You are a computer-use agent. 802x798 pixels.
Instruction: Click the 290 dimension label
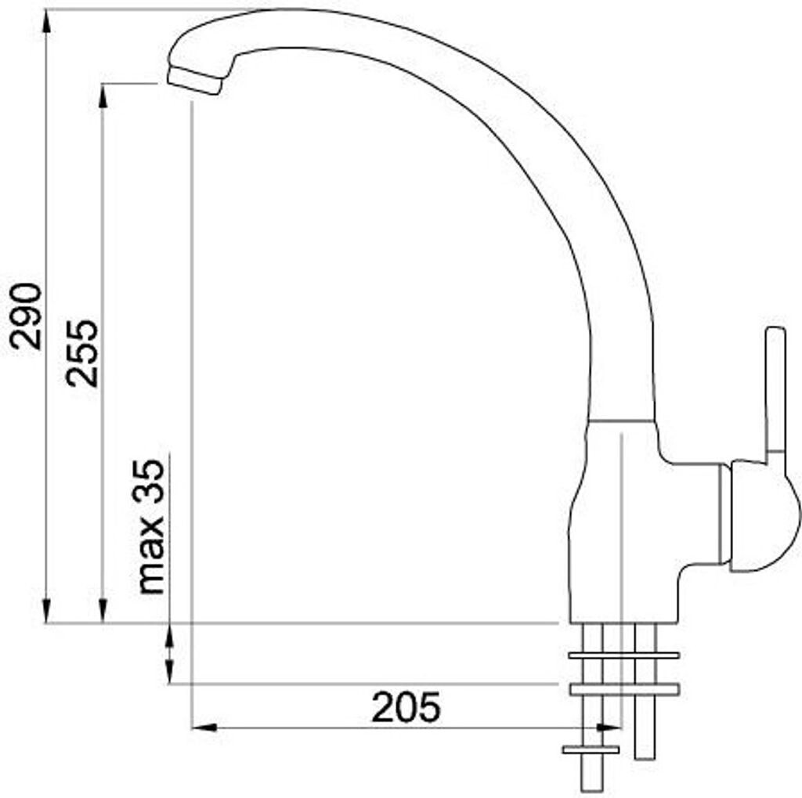pos(26,316)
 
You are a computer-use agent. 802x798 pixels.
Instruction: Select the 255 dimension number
pos(81,353)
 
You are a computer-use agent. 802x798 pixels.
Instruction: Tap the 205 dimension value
pos(406,707)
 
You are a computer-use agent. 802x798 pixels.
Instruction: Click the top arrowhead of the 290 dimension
pos(46,21)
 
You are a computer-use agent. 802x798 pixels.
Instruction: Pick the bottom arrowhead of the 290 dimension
pos(46,610)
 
